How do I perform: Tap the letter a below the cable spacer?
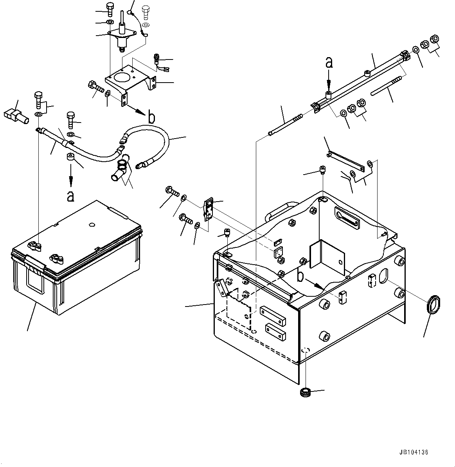(70, 196)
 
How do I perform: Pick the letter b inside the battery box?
(300, 276)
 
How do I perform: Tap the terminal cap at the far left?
(15, 115)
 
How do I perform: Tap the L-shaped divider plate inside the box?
(327, 258)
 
